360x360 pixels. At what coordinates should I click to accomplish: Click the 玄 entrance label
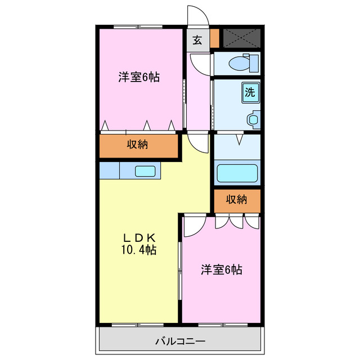click(197, 40)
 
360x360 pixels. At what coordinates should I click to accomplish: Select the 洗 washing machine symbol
click(251, 92)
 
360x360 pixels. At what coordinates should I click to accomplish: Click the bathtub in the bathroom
click(237, 173)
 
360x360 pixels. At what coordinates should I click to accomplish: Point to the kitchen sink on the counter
click(145, 170)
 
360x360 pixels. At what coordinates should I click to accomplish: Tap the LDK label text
click(137, 237)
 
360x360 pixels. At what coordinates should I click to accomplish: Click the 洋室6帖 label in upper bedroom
click(138, 77)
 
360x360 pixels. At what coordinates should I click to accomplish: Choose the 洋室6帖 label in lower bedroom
click(222, 270)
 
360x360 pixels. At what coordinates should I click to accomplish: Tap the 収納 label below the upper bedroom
click(137, 145)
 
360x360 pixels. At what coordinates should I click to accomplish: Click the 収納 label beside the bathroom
click(237, 199)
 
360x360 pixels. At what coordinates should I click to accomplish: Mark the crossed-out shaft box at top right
click(242, 37)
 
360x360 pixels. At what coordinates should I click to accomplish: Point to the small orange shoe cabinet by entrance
click(214, 38)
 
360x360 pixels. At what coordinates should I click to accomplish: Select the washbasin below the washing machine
click(254, 119)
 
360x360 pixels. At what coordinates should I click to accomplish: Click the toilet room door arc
click(200, 64)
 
